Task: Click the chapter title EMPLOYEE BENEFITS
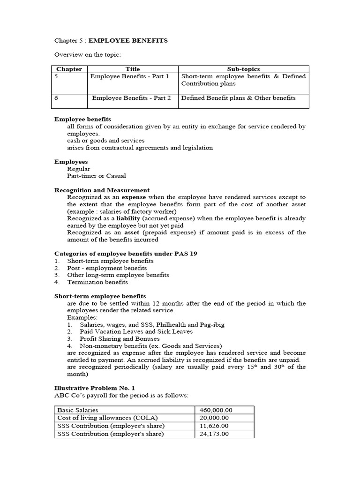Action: [131, 41]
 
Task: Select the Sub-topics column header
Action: [243, 69]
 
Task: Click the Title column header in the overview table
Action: [133, 69]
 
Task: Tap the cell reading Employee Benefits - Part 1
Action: [129, 76]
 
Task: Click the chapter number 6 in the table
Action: [57, 98]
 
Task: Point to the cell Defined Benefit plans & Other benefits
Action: [238, 98]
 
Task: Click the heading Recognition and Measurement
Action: [102, 190]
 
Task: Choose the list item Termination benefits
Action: [97, 282]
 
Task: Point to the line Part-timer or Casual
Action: [97, 176]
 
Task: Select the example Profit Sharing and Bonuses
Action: [120, 338]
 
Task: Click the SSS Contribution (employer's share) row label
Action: [111, 434]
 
